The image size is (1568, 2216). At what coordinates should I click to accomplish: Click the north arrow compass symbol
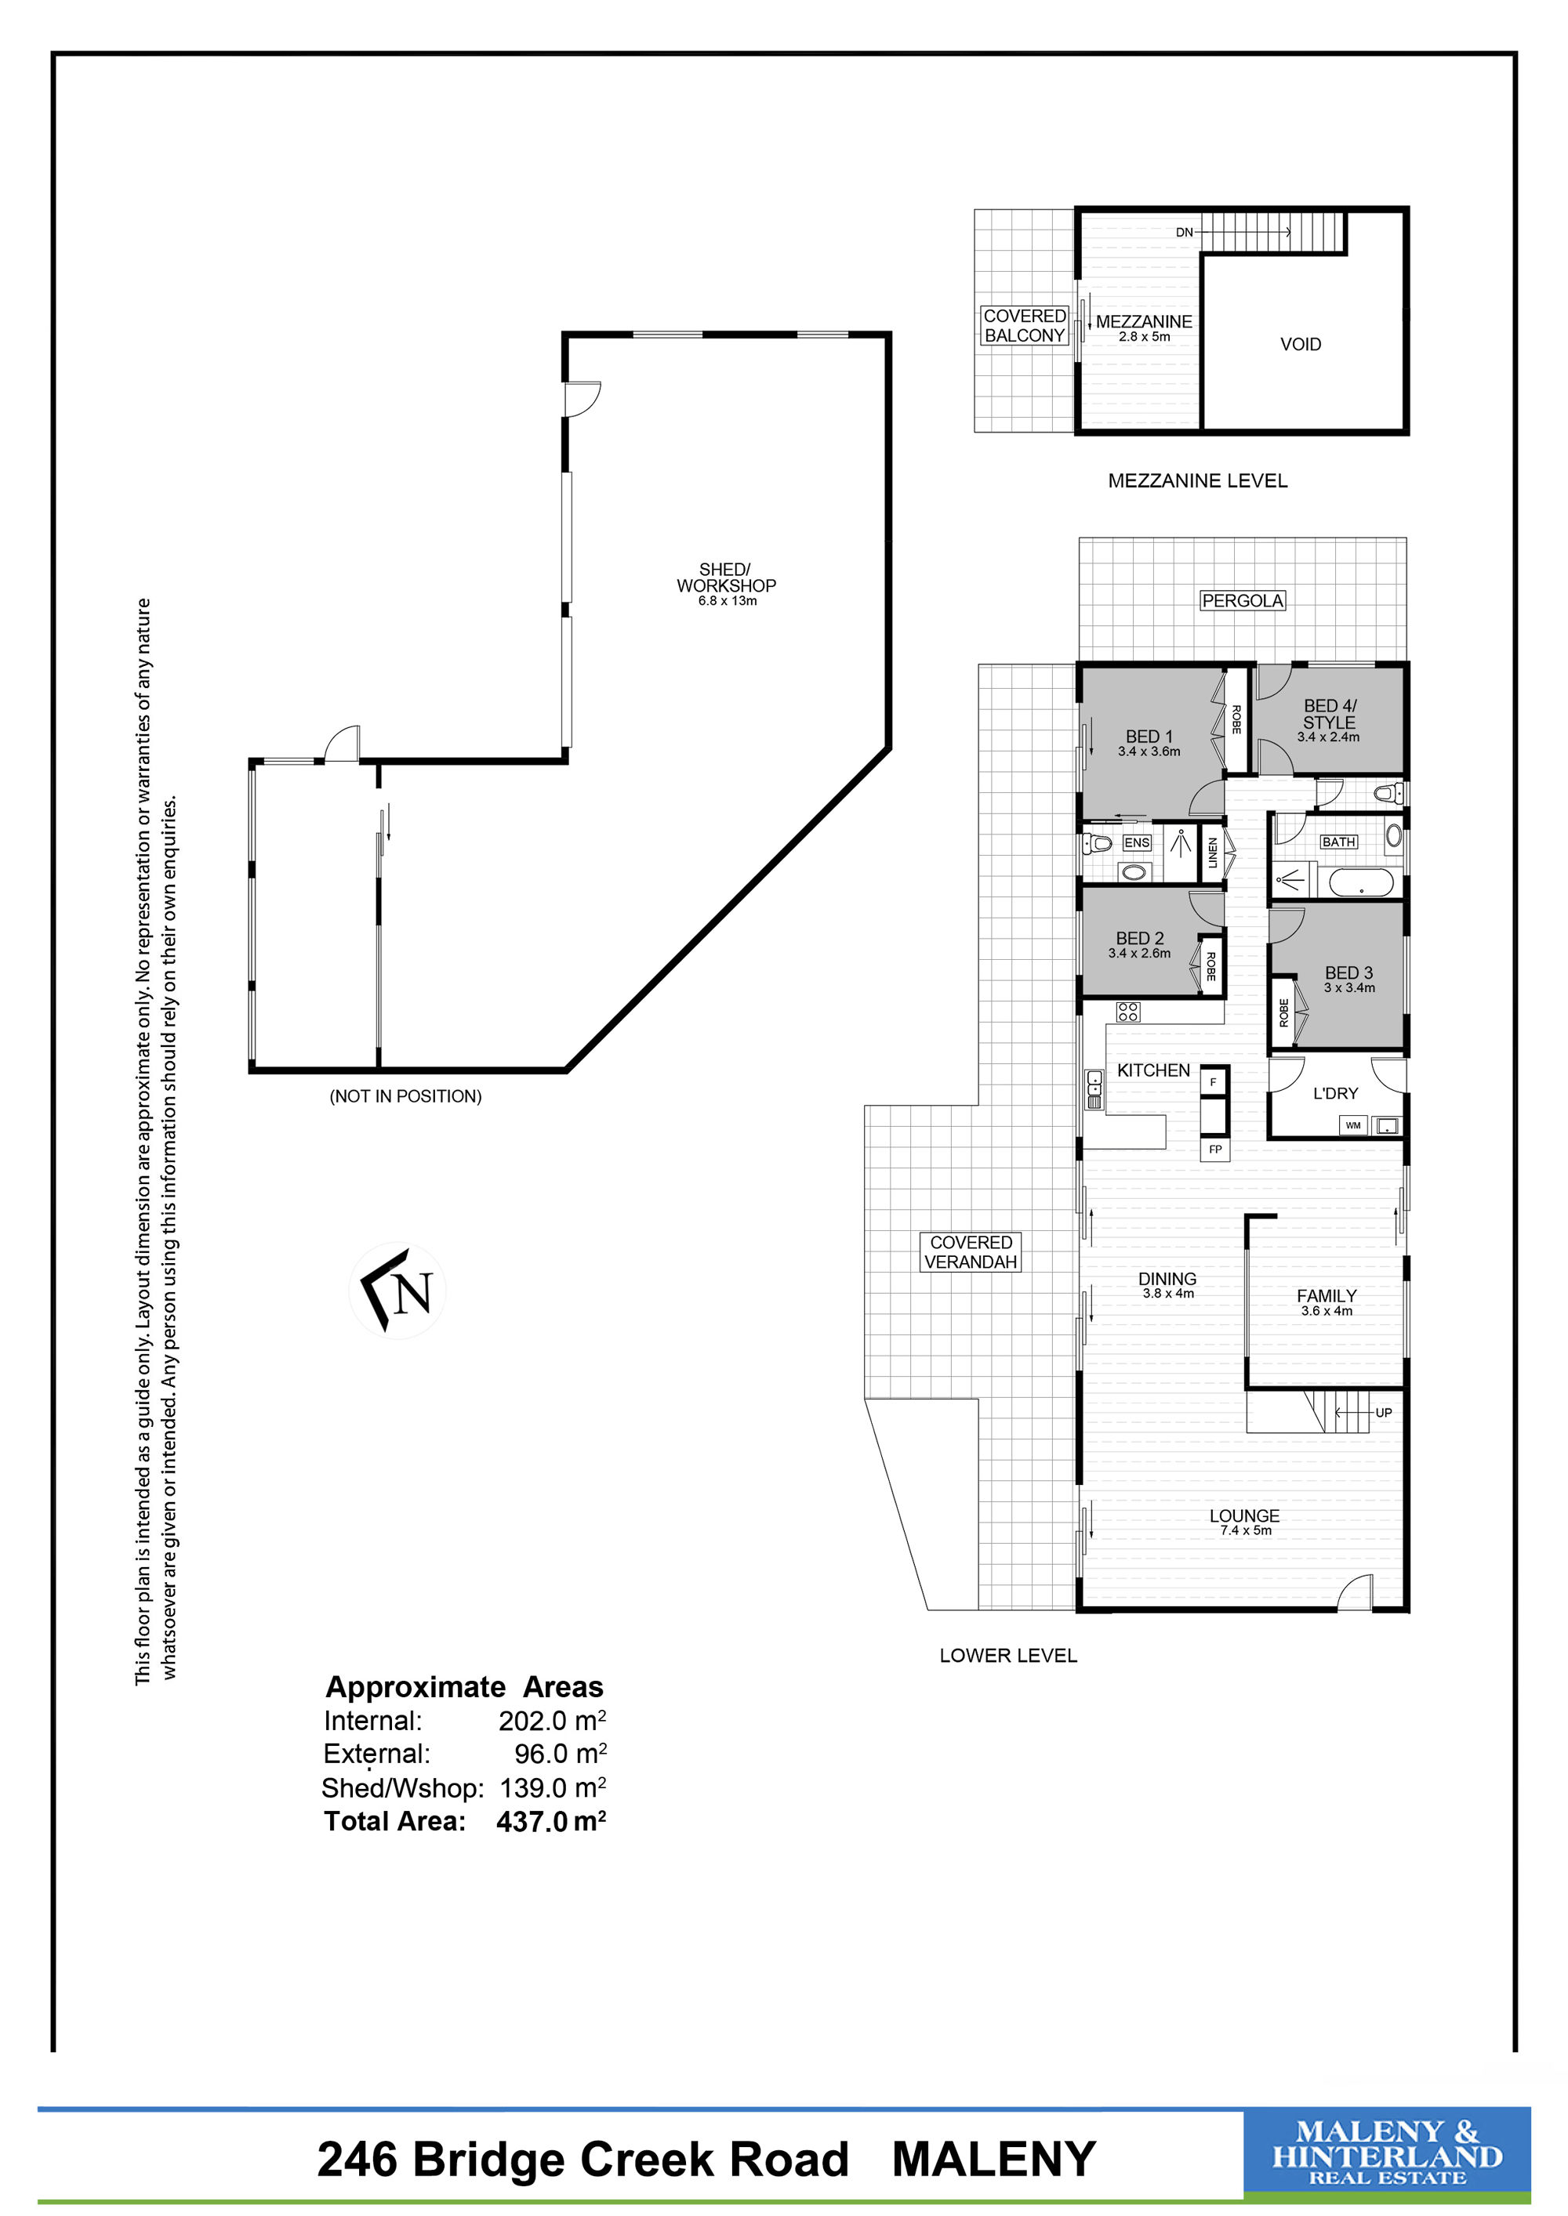pos(397,1291)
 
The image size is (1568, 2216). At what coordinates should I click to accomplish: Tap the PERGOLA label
pos(1243,600)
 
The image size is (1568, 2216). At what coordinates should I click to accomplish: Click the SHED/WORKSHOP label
pos(726,578)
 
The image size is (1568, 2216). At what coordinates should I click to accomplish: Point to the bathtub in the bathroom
pos(1361,882)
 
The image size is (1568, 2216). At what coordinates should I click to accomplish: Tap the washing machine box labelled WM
pos(1352,1125)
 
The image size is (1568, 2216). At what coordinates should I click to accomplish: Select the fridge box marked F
pos(1214,1082)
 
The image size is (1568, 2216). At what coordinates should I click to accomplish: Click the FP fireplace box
pos(1215,1149)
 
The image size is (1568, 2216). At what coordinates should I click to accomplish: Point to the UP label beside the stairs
pos(1384,1413)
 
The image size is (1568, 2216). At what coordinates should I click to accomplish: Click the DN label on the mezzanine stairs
pos(1185,233)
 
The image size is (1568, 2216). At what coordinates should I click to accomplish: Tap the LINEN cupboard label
pos(1214,853)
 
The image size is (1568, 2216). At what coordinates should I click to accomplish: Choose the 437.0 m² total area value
pos(551,1821)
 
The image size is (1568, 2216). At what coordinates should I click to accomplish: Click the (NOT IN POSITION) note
pos(405,1096)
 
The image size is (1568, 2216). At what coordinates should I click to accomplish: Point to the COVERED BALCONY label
pos(1025,325)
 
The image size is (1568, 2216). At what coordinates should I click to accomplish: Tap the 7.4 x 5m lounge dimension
pos(1246,1530)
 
